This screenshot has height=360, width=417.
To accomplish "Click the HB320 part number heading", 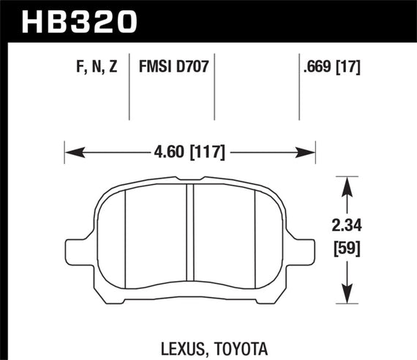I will [80, 20].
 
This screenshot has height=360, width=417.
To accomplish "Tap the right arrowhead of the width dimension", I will [309, 154].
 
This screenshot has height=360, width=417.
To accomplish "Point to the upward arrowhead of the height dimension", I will [346, 182].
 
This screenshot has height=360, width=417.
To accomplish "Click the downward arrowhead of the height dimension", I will [346, 297].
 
